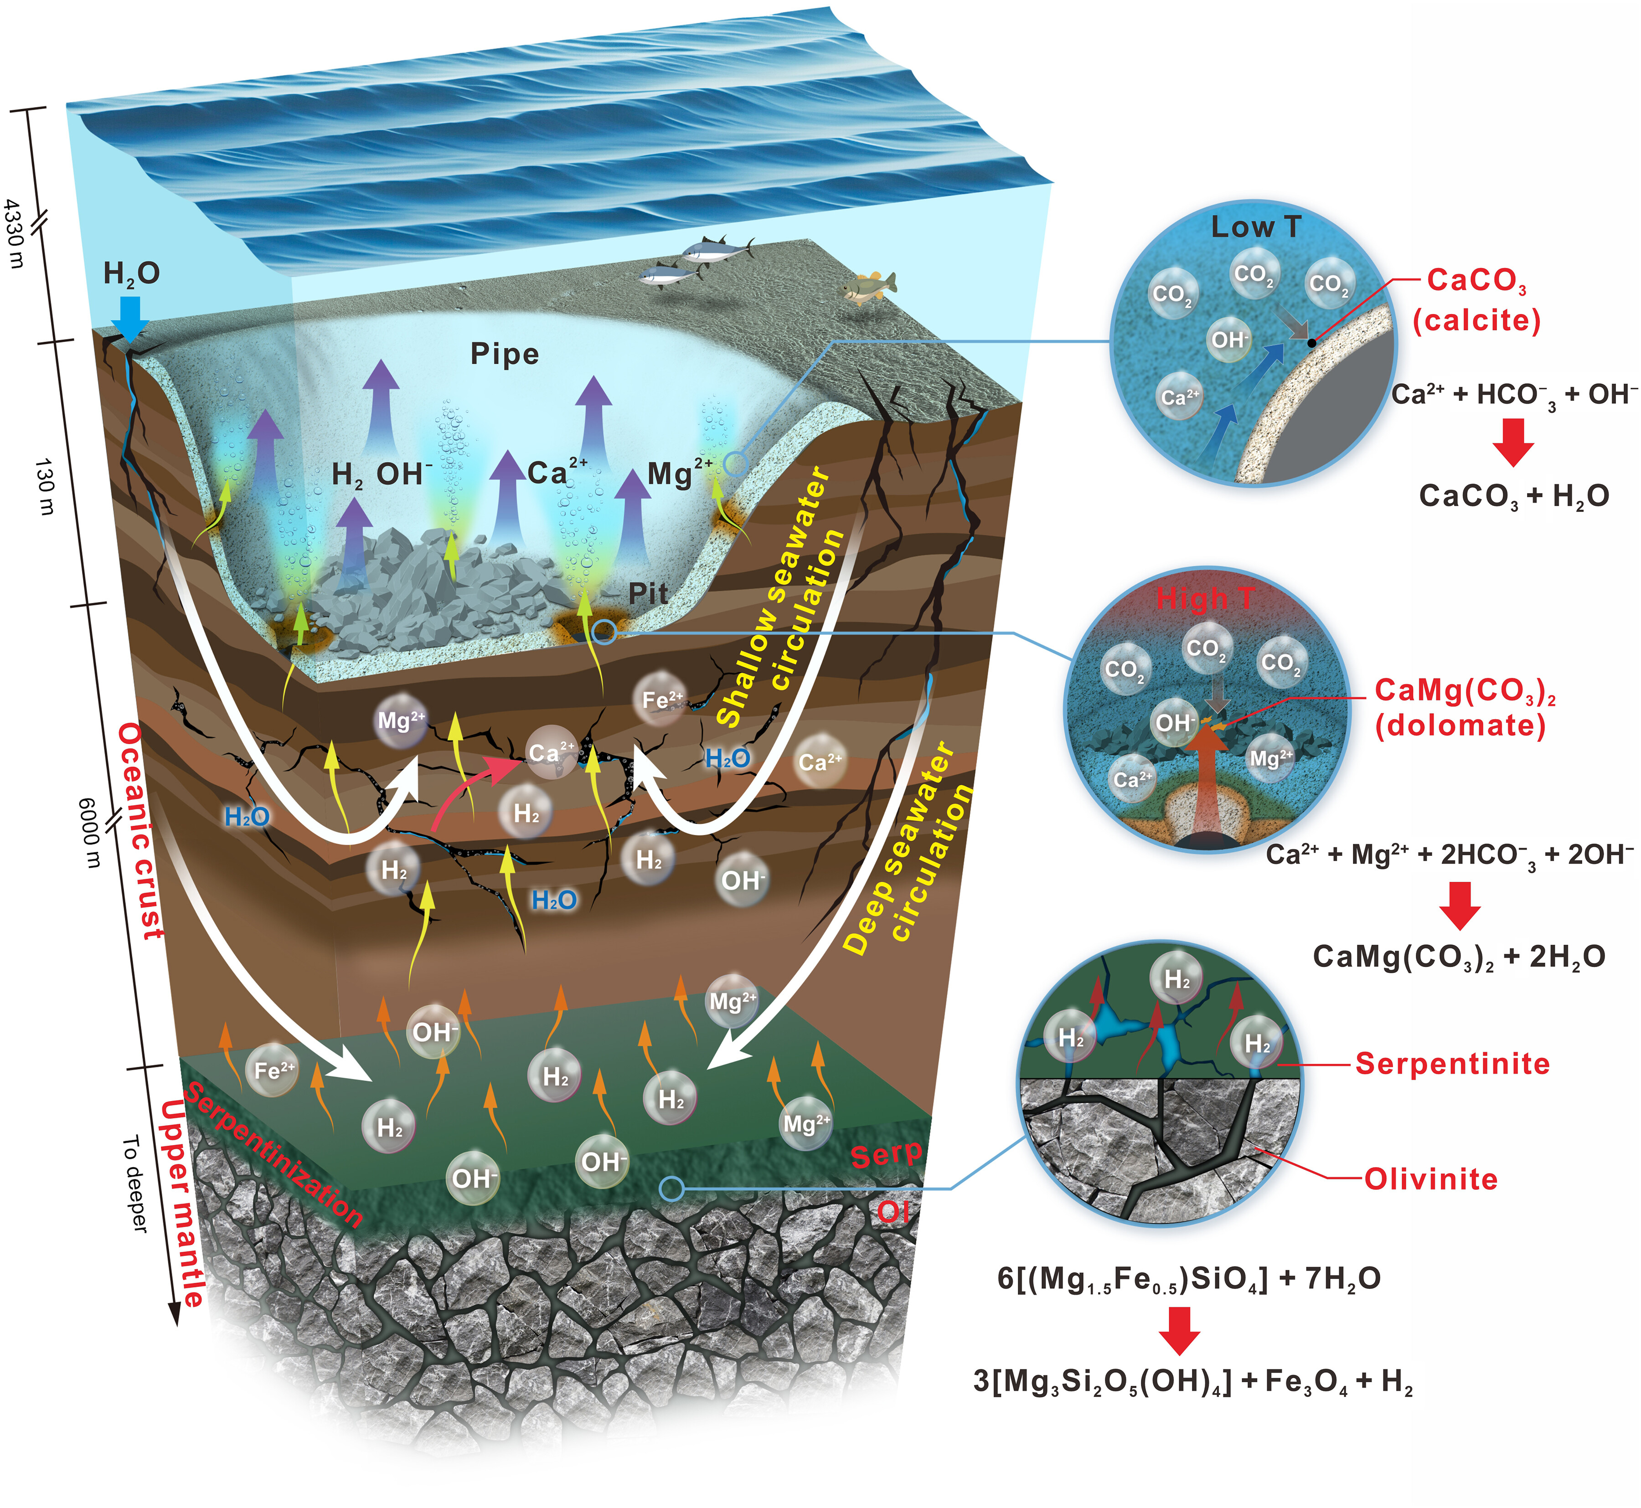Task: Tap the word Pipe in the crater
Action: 504,354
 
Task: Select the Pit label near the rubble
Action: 648,593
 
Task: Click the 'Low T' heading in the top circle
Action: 1255,227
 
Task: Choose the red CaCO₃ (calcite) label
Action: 1477,300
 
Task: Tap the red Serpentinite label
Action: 1452,1064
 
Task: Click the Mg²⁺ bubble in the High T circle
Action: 1270,759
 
